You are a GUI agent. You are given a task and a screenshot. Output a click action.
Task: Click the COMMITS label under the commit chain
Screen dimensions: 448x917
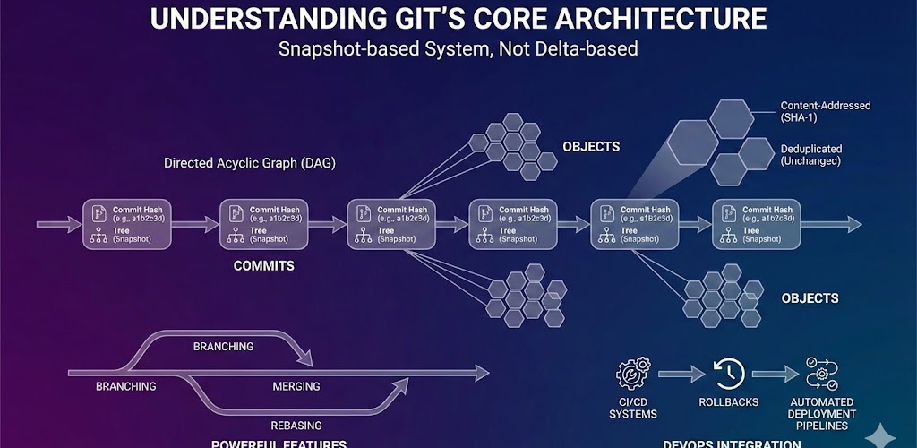click(x=263, y=266)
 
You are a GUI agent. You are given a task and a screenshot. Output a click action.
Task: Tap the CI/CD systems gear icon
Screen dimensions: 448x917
click(x=633, y=374)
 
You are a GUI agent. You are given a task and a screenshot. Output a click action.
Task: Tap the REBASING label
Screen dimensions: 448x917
click(x=296, y=426)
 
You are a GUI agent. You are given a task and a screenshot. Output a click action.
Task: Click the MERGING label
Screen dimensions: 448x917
click(x=296, y=386)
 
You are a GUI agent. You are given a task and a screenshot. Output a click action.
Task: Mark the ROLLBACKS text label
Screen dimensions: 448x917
click(x=728, y=402)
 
